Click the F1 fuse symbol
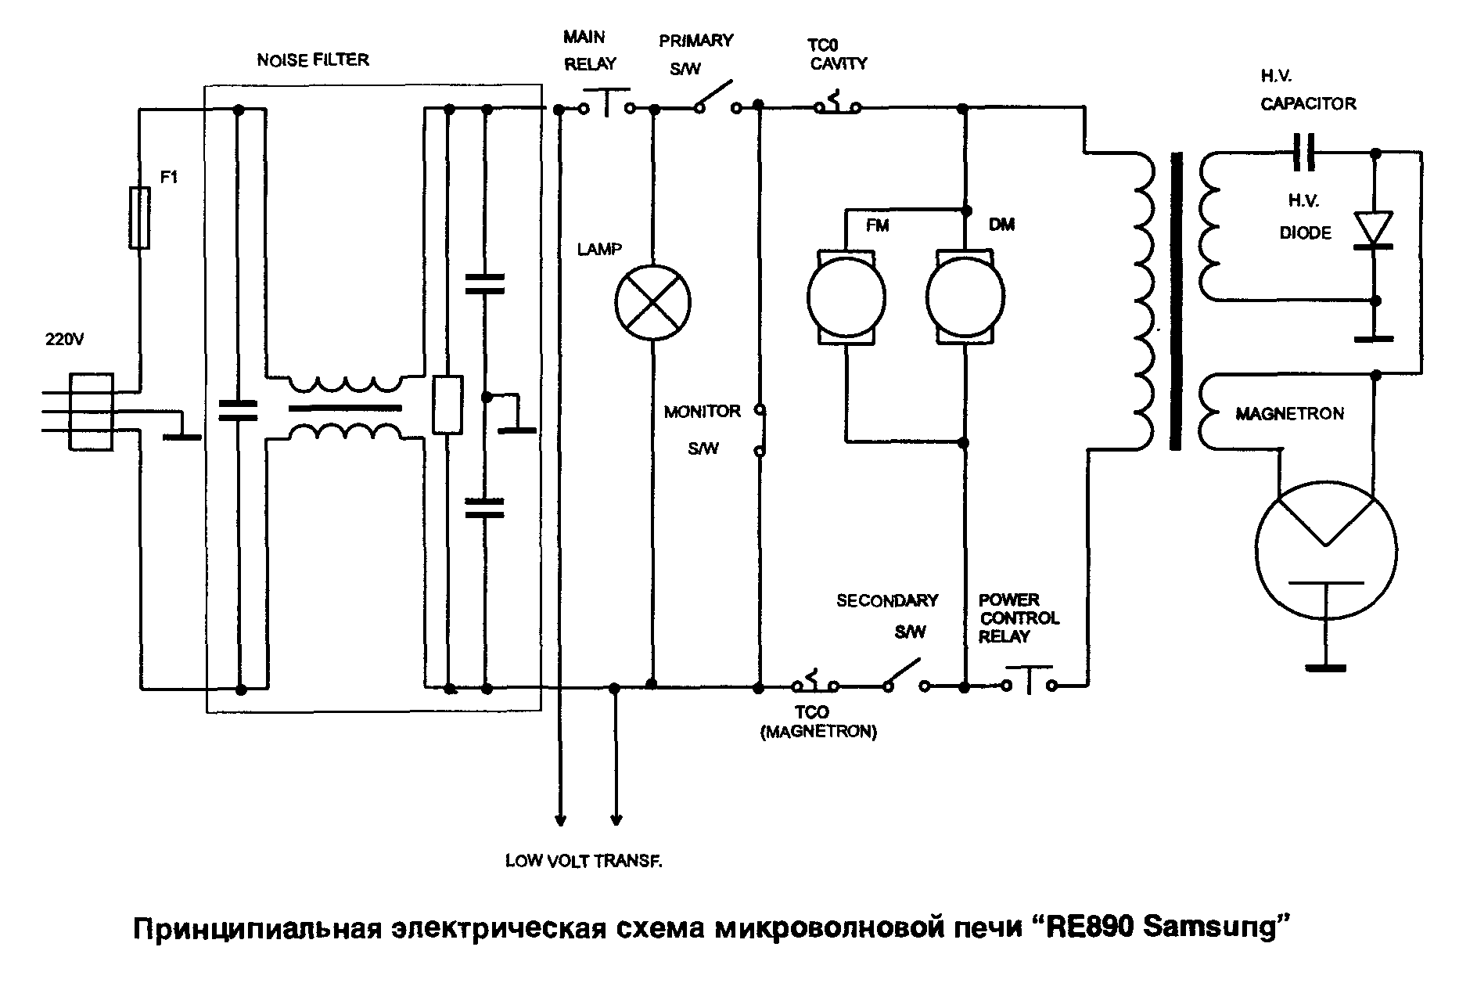pos(139,218)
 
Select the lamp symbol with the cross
pos(653,302)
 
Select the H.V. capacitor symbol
pos(1303,152)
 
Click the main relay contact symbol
pos(608,106)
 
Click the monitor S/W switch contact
pos(759,430)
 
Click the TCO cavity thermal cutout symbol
pos(837,106)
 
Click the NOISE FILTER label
pos(313,60)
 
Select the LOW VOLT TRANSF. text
pos(584,862)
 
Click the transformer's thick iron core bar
pos(1175,301)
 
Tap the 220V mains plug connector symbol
pos(92,412)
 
